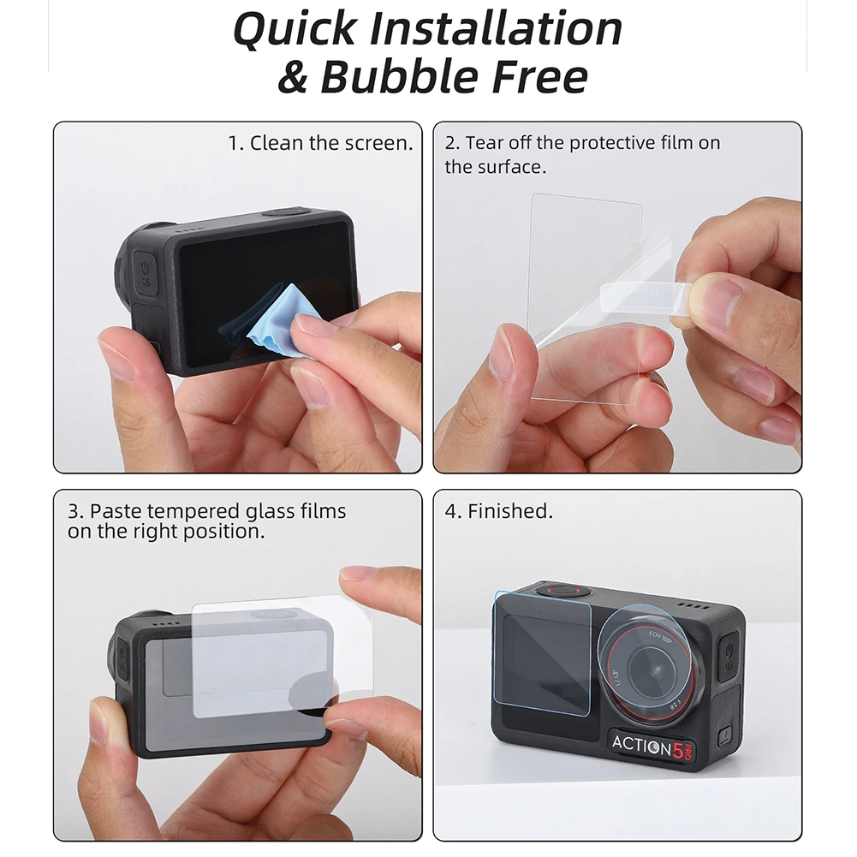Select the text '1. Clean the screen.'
(x=320, y=143)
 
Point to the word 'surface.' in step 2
(x=495, y=166)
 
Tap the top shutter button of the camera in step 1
(x=284, y=211)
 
